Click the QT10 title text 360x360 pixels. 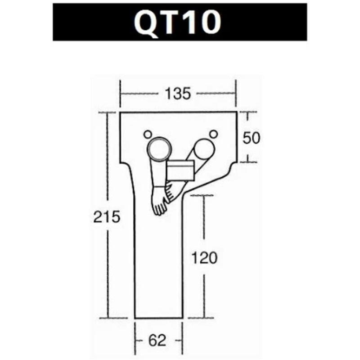[180, 23]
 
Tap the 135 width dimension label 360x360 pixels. [178, 94]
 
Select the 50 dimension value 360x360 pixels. [252, 138]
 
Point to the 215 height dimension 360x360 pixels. [107, 217]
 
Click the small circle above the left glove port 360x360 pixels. [147, 134]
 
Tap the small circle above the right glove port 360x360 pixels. [214, 134]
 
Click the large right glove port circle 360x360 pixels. [205, 148]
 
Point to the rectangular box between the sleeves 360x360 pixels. [180, 170]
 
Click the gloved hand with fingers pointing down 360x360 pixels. [159, 202]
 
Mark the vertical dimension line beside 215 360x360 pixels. [107, 171]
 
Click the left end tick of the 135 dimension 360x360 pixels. [120, 94]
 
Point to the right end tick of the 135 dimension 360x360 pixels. [236, 94]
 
